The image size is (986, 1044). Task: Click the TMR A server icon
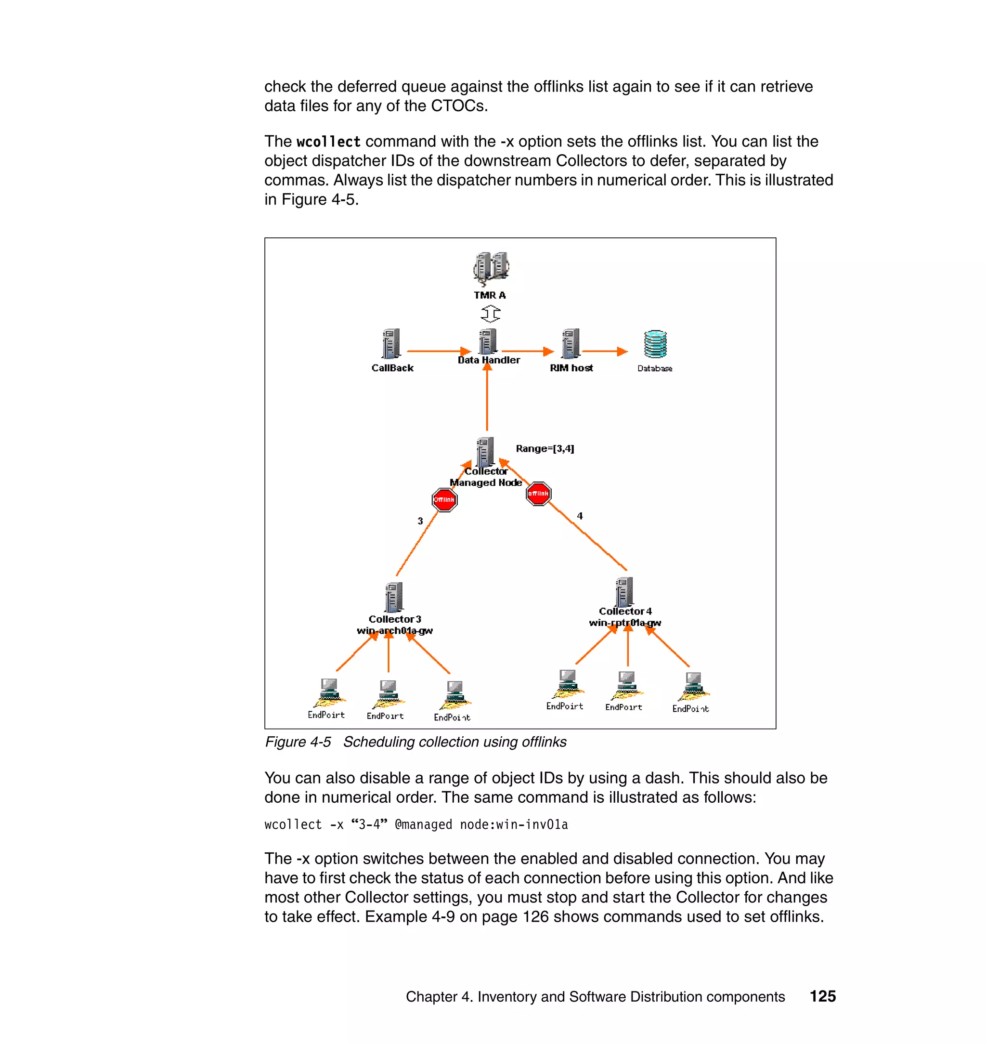pyautogui.click(x=491, y=268)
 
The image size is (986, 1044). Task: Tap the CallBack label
pyautogui.click(x=392, y=368)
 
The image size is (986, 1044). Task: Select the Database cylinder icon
pyautogui.click(x=655, y=344)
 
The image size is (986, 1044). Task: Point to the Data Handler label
pyautogui.click(x=489, y=360)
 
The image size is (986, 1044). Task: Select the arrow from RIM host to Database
pyautogui.click(x=604, y=351)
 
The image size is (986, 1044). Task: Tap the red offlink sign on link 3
pyautogui.click(x=444, y=499)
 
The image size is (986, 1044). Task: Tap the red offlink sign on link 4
pyautogui.click(x=538, y=494)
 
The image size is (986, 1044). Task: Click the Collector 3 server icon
pyautogui.click(x=394, y=597)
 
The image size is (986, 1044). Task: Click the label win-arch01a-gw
pyautogui.click(x=395, y=630)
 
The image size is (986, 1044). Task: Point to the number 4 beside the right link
pyautogui.click(x=580, y=516)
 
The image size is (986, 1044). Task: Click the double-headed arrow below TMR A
pyautogui.click(x=491, y=314)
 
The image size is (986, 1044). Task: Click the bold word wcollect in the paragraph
pyautogui.click(x=328, y=142)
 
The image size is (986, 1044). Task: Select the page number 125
pyautogui.click(x=822, y=996)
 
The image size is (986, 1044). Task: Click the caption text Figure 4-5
pyautogui.click(x=298, y=742)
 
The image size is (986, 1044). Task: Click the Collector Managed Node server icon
pyautogui.click(x=485, y=452)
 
